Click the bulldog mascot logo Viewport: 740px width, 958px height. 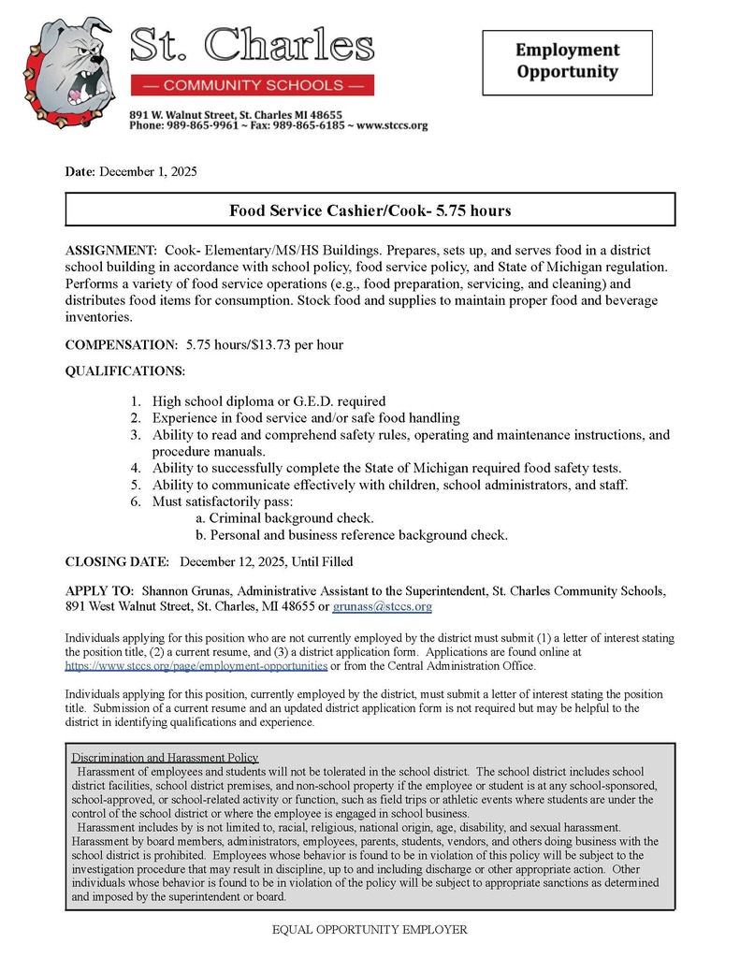68,70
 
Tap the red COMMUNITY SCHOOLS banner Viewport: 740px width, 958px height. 252,85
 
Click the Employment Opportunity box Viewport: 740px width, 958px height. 567,62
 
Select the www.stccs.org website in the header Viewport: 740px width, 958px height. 392,125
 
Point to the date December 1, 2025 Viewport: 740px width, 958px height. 148,171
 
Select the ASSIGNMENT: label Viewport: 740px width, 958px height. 111,252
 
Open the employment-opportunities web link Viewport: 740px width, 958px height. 196,666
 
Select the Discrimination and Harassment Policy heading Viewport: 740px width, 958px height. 165,757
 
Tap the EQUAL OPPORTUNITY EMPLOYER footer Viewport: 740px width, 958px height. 369,930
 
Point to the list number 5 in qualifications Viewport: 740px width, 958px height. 135,485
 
